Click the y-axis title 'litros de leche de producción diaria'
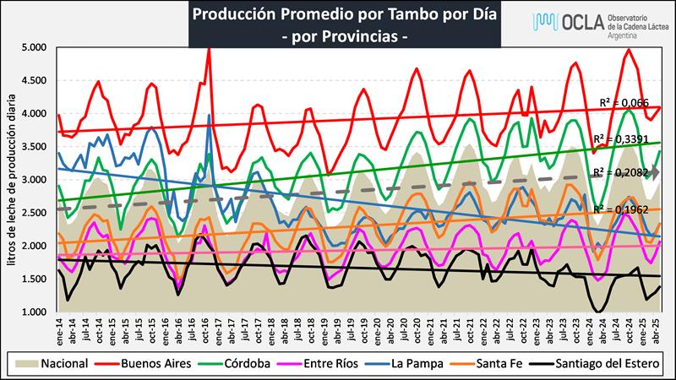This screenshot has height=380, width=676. [x=12, y=180]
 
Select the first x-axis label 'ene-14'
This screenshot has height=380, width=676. [x=59, y=330]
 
